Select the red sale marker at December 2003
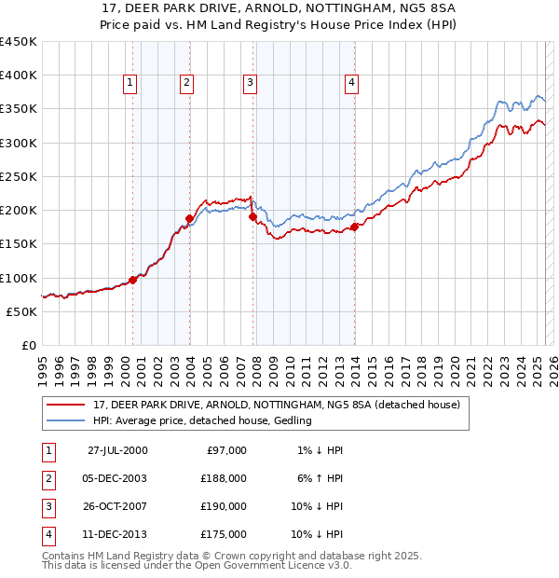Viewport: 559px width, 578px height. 189,219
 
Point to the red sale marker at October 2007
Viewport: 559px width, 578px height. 253,217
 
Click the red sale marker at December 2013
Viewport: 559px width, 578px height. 354,227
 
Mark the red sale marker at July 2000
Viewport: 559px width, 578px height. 133,279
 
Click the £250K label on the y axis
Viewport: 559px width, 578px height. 19,176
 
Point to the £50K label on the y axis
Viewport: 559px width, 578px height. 22,311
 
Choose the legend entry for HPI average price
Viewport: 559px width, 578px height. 202,421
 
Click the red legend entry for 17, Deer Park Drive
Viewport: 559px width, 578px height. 277,406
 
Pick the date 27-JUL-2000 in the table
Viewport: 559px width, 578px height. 117,450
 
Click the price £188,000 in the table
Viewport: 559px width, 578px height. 224,478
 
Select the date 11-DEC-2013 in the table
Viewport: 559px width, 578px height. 117,534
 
